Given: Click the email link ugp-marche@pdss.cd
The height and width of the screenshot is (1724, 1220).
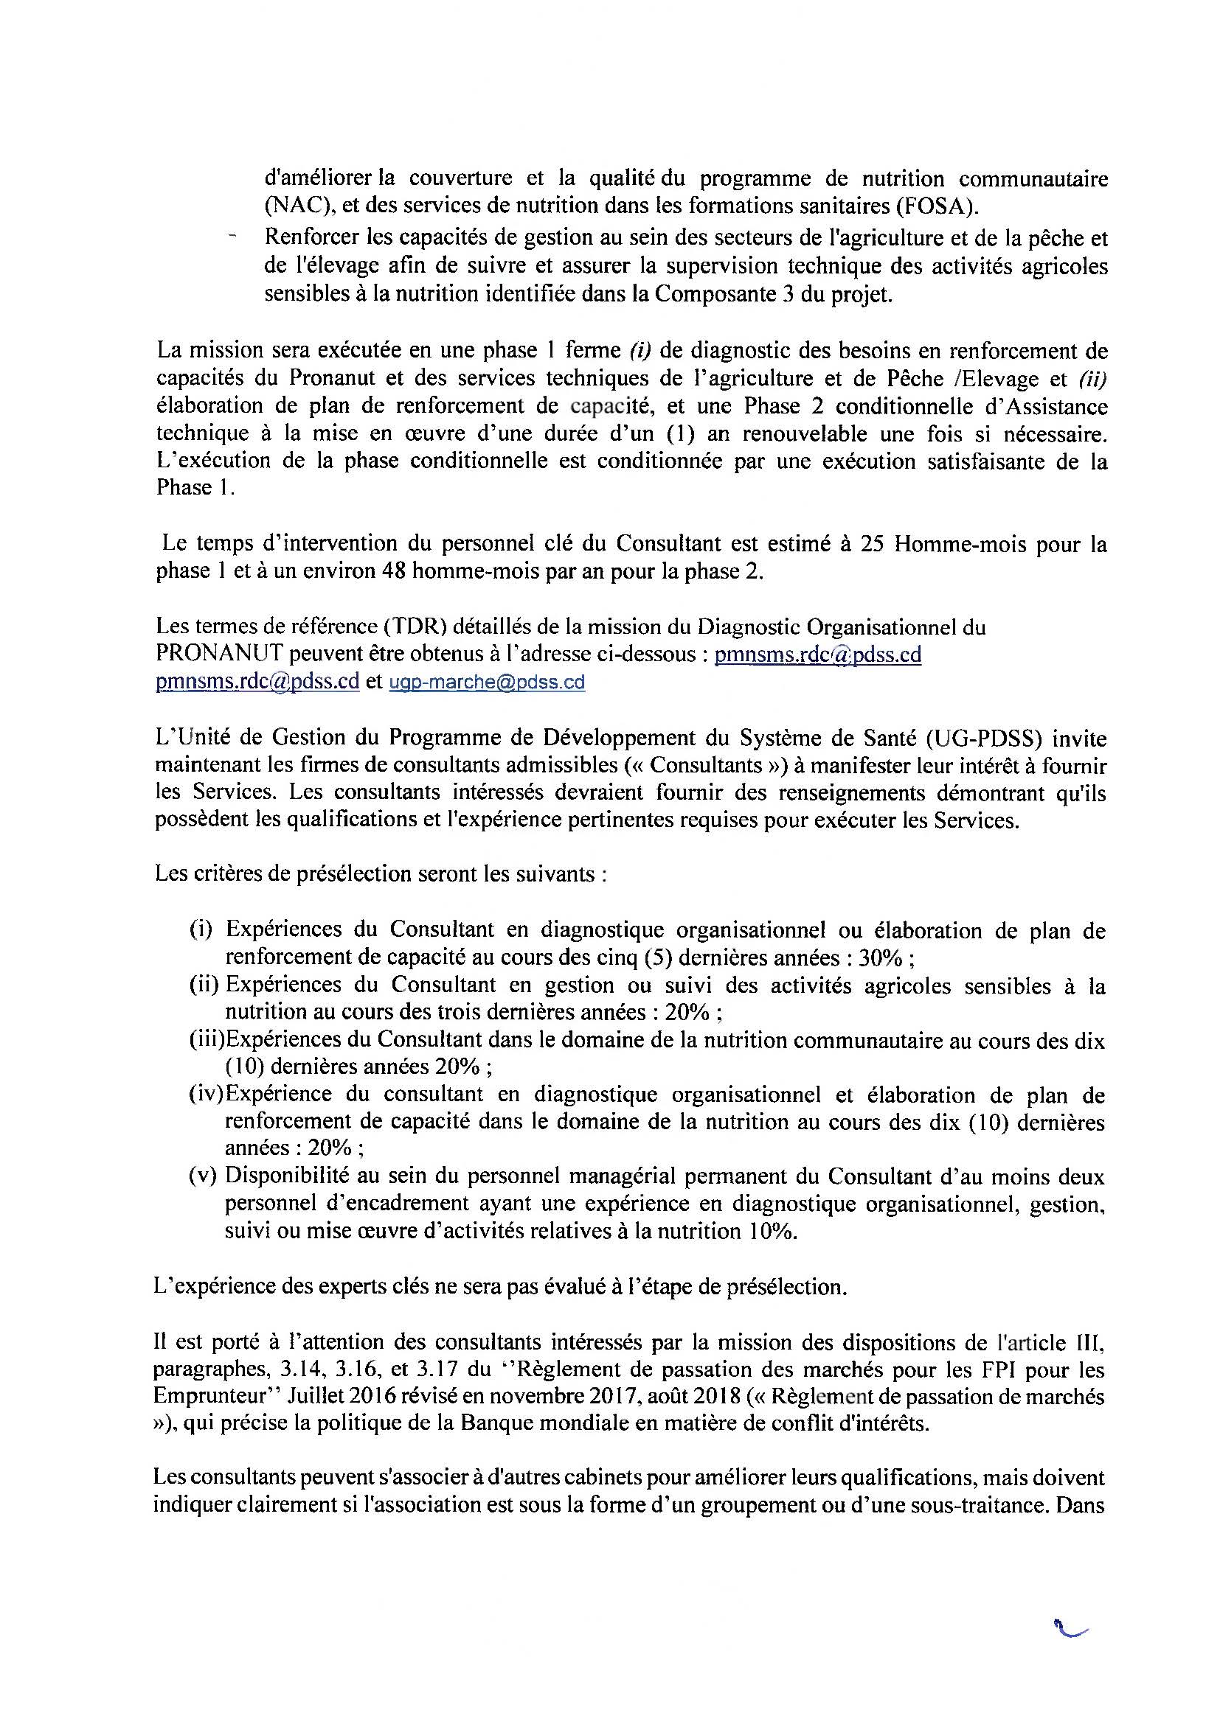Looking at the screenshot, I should click(486, 682).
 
